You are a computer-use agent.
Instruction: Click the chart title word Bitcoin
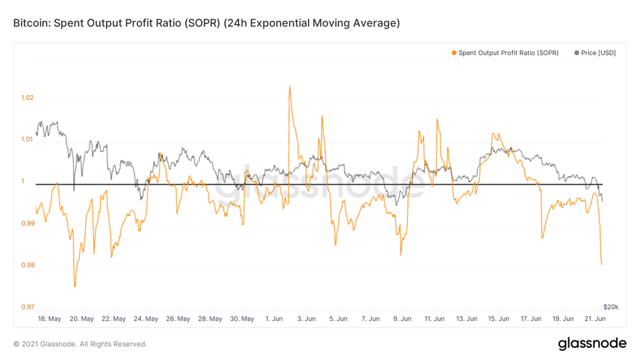(32, 23)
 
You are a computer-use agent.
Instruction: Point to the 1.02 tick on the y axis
(27, 98)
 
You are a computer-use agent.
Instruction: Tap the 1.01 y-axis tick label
(27, 139)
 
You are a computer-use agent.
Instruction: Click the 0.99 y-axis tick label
(27, 224)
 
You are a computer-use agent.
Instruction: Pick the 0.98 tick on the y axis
(27, 265)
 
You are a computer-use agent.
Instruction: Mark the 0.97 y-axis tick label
(27, 307)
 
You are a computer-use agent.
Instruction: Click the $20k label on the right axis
(611, 307)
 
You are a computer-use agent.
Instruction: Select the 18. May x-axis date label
(50, 319)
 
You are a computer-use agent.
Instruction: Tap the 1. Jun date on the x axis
(274, 319)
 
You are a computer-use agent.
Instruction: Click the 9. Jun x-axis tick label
(402, 319)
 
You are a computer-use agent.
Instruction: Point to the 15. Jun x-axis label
(498, 319)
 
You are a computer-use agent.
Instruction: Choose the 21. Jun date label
(595, 319)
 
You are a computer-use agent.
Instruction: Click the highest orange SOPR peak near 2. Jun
(290, 86)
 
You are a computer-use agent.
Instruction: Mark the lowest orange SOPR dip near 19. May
(75, 286)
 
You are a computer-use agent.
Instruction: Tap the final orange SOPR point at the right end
(602, 264)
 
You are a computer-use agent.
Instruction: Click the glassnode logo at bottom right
(592, 343)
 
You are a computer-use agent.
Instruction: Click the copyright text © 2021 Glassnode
(80, 344)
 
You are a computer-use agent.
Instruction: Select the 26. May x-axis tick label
(178, 319)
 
